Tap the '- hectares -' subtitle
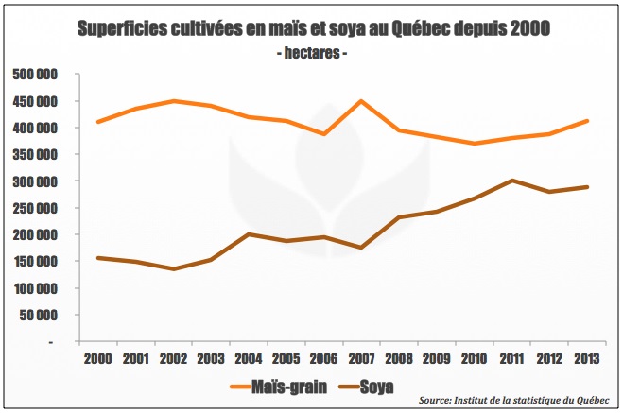click(312, 54)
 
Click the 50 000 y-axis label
click(40, 315)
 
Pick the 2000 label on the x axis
click(98, 359)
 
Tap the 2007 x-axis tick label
click(361, 359)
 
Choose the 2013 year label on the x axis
click(586, 359)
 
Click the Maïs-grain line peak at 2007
click(361, 101)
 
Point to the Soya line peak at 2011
click(511, 180)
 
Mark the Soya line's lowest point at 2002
click(173, 268)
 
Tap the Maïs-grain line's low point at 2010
click(474, 144)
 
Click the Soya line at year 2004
click(249, 234)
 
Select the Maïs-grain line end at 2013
click(586, 121)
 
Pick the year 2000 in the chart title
click(528, 29)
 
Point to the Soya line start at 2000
click(98, 258)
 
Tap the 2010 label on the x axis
click(474, 359)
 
